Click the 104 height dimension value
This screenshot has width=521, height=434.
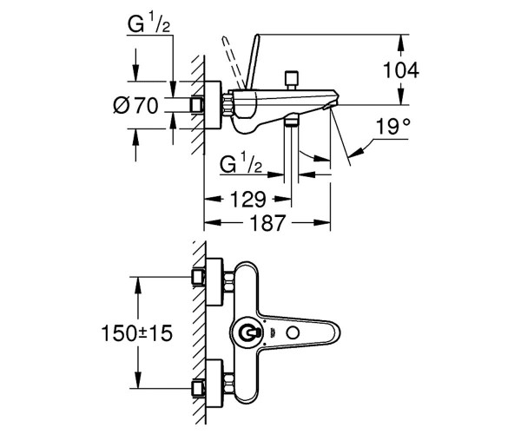401,70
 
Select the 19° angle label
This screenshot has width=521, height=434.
392,126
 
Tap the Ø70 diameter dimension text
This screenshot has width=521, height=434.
136,106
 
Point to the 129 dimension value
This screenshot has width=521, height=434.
248,200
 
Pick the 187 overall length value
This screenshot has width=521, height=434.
267,222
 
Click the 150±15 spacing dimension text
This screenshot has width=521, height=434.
137,332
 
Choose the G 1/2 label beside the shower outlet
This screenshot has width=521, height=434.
241,164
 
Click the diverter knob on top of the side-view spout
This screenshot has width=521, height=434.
292,80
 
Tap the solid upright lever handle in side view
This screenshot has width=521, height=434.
252,62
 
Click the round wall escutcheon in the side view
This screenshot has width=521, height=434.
213,105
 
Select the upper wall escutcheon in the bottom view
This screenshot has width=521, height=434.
214,281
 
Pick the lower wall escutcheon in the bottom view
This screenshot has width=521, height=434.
214,383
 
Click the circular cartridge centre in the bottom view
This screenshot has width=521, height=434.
247,332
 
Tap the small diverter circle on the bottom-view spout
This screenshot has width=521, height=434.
293,332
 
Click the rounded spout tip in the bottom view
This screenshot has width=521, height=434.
335,332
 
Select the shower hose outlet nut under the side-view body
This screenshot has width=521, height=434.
292,120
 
